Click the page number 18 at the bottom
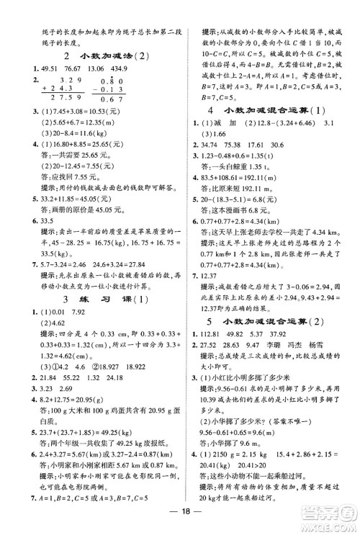click(x=179, y=521)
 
